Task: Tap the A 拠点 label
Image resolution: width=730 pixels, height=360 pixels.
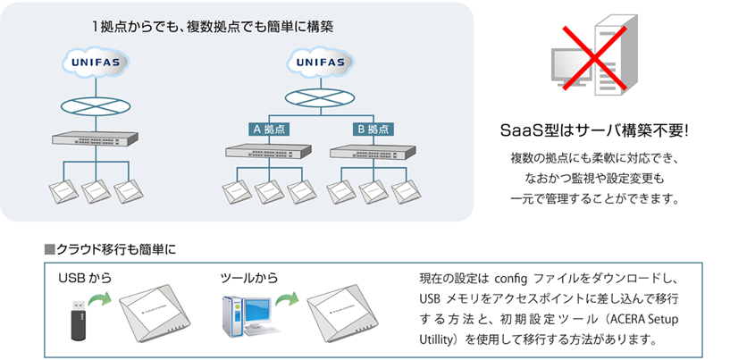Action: pos(268,129)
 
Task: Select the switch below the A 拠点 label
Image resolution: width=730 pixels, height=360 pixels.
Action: pos(268,154)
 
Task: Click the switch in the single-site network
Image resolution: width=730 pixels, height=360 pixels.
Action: pos(94,140)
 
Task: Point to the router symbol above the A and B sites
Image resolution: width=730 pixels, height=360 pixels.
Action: pos(318,98)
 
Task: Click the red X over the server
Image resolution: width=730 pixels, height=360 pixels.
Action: pos(596,59)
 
